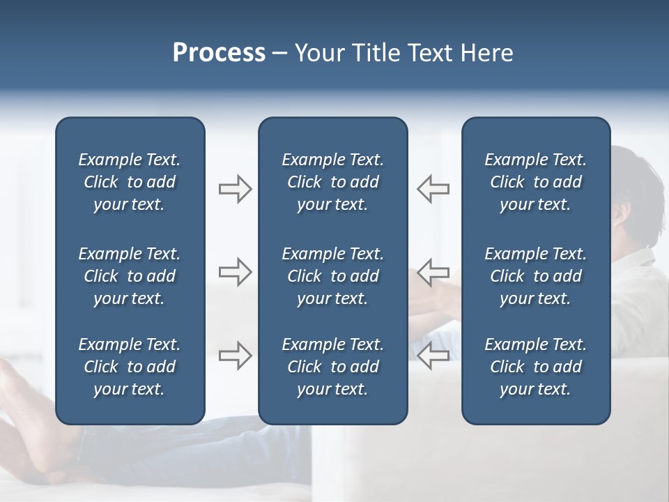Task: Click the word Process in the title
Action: tap(219, 53)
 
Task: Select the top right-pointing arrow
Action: tap(235, 189)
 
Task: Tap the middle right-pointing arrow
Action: tap(235, 272)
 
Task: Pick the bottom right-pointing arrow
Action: tap(235, 356)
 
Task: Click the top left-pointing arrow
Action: tap(433, 189)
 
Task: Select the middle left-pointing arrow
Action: tap(433, 272)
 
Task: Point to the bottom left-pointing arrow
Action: tap(433, 356)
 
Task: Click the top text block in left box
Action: tap(130, 182)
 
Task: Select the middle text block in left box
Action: tap(130, 276)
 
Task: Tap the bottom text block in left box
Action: tap(130, 367)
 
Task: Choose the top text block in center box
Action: tap(332, 182)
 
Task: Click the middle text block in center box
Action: tap(332, 276)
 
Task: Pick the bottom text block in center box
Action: tap(332, 367)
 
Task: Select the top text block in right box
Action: tap(535, 182)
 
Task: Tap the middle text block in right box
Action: tap(535, 276)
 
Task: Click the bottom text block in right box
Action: tap(535, 367)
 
